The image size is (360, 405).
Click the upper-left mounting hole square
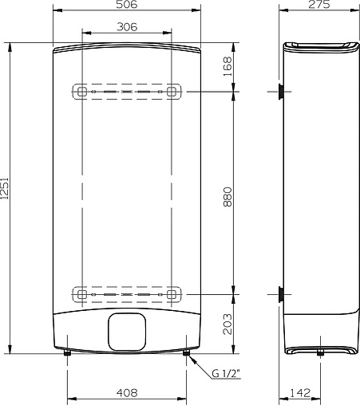pyautogui.click(x=82, y=92)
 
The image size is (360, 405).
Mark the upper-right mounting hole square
pyautogui.click(x=171, y=92)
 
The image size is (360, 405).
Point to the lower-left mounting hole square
pyautogui.click(x=82, y=293)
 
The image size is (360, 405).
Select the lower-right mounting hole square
pyautogui.click(x=171, y=293)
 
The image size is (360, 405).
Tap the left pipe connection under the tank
pyautogui.click(x=68, y=355)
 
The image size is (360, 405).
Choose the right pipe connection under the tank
pyautogui.click(x=187, y=355)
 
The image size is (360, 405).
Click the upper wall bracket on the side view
pyautogui.click(x=281, y=92)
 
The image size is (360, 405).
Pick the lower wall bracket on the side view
pyautogui.click(x=281, y=293)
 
